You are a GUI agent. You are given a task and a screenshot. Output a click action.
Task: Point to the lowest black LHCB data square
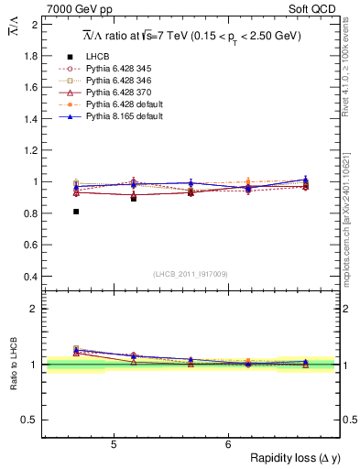tap(76, 212)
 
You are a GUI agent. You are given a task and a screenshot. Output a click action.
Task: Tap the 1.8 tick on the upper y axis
tap(32, 56)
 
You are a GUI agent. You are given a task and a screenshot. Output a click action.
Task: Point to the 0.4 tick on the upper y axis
tap(32, 277)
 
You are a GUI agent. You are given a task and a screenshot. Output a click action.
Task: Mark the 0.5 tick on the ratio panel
tap(32, 420)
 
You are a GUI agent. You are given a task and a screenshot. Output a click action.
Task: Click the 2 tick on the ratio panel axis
tap(35, 309)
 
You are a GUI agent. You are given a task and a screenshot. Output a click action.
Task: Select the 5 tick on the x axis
tap(114, 445)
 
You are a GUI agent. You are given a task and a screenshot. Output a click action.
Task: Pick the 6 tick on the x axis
tap(228, 445)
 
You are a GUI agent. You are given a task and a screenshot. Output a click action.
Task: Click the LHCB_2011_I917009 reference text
tap(190, 274)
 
